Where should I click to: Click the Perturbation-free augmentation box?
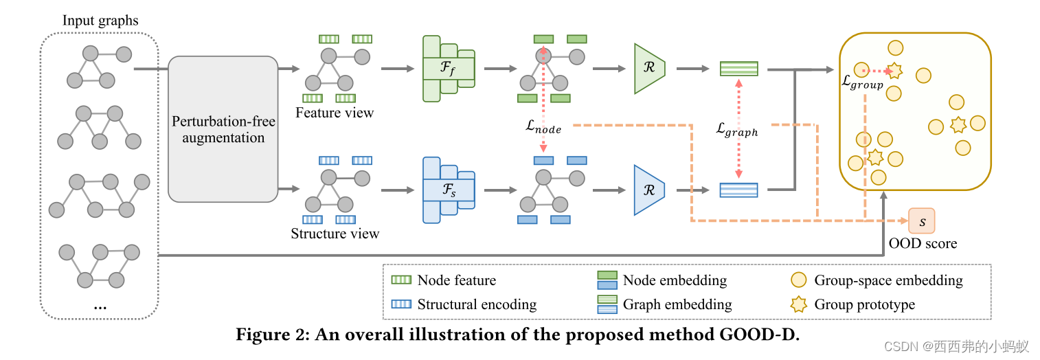(223, 129)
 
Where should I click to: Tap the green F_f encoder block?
(448, 69)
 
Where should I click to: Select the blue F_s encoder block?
(448, 190)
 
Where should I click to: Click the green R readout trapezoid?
(648, 69)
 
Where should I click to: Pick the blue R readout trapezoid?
(648, 190)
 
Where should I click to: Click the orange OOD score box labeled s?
(922, 221)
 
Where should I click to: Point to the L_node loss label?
(543, 128)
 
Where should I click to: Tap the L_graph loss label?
(737, 129)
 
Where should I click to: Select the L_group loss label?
(862, 82)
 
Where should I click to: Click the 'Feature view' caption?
(335, 113)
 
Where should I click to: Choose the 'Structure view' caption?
(335, 234)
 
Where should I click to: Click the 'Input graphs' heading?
(100, 20)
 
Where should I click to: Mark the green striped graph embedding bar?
(738, 69)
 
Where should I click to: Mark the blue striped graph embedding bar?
(738, 190)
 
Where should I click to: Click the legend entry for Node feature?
(456, 280)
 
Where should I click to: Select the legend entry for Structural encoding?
(476, 304)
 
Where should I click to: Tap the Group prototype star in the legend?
(799, 304)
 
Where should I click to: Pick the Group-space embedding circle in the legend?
(799, 280)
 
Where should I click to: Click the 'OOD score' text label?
(923, 243)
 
